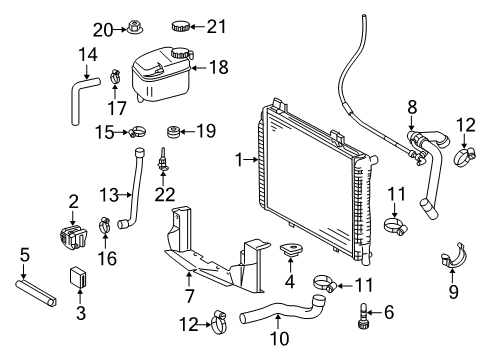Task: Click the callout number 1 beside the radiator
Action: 239,160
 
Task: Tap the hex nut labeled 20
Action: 135,27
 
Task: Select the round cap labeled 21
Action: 181,26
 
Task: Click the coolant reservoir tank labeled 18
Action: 162,74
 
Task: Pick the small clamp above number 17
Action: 115,77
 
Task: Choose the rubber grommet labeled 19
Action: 173,132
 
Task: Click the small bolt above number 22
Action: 163,160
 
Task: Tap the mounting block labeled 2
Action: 73,237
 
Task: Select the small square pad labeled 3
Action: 78,277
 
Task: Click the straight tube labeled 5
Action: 36,293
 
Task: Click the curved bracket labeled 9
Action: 454,256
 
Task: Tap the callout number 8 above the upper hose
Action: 412,107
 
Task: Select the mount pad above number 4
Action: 291,250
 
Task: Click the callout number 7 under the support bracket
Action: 189,295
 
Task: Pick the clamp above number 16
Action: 105,225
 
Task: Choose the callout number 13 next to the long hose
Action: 109,195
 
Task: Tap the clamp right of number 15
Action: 137,132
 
